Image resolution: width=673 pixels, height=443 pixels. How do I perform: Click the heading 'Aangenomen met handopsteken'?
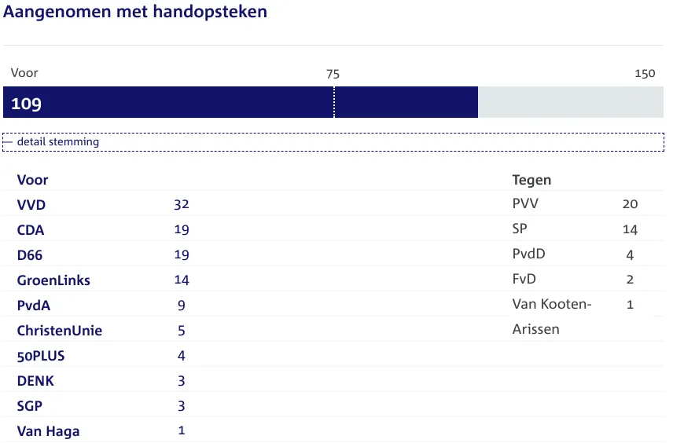pos(135,13)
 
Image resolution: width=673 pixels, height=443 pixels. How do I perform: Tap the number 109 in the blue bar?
pos(26,104)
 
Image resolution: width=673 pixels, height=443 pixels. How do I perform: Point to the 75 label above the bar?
pos(333,74)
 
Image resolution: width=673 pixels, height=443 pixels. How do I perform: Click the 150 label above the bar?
pos(644,74)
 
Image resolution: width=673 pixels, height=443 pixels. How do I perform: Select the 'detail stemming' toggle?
pos(57,142)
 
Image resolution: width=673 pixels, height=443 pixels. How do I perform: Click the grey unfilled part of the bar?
pos(570,102)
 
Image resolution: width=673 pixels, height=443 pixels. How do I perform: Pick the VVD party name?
pos(31,205)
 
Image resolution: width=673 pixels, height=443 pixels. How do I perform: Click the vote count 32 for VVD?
pos(182,205)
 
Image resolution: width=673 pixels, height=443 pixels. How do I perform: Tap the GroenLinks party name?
pos(53,280)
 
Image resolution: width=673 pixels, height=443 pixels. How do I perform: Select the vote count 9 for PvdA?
pos(182,306)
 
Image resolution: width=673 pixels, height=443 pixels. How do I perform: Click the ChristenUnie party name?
pos(60,331)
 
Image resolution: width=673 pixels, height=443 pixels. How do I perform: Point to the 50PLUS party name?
pos(41,356)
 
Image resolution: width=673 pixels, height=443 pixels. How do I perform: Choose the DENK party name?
pos(35,381)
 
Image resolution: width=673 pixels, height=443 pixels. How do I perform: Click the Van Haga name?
pos(48,431)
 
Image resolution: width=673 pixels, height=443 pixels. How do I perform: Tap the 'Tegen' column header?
pos(531,180)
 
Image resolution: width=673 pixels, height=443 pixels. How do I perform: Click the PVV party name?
pos(525,204)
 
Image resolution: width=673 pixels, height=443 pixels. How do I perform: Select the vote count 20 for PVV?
pos(630,204)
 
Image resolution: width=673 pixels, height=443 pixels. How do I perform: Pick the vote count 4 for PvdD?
pos(630,254)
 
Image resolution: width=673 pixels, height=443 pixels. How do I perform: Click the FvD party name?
pos(524,279)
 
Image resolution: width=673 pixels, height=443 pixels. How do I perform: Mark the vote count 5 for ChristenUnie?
pos(182,331)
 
